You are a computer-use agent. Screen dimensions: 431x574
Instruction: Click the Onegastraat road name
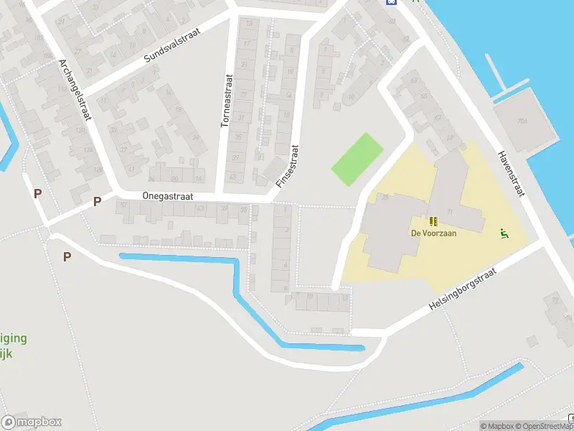point(168,196)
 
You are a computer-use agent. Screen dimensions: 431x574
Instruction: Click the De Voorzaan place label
point(433,233)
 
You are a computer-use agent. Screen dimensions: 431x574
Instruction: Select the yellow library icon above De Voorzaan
point(433,221)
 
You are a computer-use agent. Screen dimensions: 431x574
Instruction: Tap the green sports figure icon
point(504,232)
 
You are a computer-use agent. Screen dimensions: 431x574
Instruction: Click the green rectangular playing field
point(357,159)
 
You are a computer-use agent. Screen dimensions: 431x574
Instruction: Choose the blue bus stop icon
point(390,2)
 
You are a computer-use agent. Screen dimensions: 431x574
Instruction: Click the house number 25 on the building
point(385,197)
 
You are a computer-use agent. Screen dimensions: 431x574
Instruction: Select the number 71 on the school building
point(450,211)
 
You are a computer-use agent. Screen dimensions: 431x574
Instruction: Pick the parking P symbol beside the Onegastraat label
point(97,202)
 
